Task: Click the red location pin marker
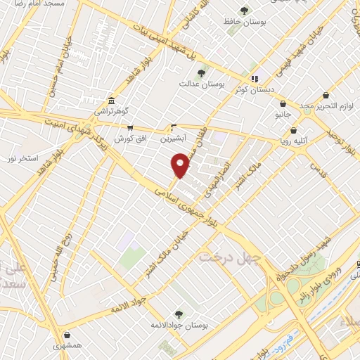[181, 166]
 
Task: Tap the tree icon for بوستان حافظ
[245, 11]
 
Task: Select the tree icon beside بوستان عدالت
[201, 72]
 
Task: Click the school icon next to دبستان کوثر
[254, 78]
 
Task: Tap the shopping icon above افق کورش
[130, 128]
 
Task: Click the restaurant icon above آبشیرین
[174, 127]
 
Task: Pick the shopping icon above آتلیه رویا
[293, 129]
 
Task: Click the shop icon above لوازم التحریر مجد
[325, 95]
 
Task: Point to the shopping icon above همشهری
[67, 335]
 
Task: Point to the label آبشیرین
[173, 139]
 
